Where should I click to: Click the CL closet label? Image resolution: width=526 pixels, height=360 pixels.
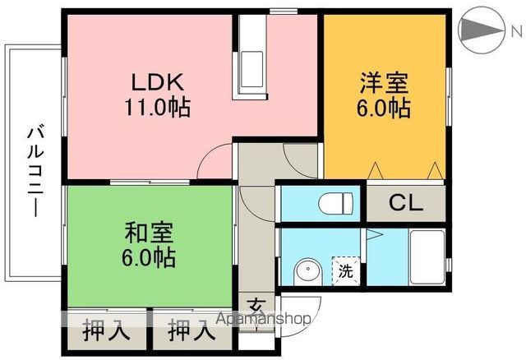click(x=405, y=203)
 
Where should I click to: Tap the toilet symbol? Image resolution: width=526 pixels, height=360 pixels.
click(x=337, y=201)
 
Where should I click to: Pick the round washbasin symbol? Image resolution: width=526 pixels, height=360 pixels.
click(x=308, y=270)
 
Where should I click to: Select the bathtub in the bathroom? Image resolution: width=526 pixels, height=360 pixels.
click(x=426, y=256)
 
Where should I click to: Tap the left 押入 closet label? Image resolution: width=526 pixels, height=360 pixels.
click(x=107, y=333)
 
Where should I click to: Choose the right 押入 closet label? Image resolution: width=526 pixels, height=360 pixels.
click(x=192, y=333)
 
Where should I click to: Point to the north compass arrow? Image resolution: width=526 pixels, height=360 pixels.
click(x=479, y=31)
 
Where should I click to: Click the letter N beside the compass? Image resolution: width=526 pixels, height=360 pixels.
click(x=516, y=31)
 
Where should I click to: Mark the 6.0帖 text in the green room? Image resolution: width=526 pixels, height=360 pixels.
click(x=149, y=258)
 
